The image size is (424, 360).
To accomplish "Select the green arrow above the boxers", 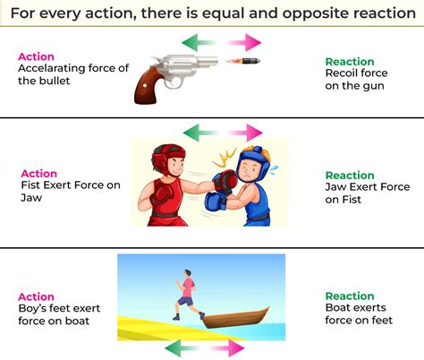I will (x=199, y=132).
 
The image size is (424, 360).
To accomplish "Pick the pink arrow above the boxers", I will (x=242, y=132).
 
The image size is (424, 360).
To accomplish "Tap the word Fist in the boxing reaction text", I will (x=352, y=200).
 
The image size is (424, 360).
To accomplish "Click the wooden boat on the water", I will (x=235, y=317).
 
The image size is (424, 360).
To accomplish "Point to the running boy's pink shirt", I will (x=187, y=287).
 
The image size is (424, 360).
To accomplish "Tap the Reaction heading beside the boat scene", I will (x=350, y=296).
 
